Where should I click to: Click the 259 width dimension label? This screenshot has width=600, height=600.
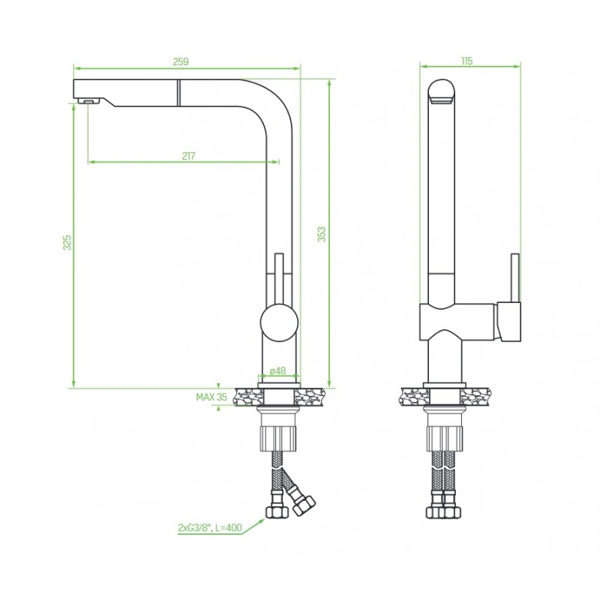[180, 61]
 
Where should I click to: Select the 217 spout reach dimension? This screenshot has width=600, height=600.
[188, 155]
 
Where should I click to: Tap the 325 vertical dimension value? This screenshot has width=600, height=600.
[67, 242]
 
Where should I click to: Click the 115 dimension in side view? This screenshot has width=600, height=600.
[467, 61]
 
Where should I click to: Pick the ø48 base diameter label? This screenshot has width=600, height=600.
[277, 371]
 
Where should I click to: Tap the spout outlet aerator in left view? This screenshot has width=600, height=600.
[88, 100]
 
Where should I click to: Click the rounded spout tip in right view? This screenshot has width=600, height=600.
[442, 91]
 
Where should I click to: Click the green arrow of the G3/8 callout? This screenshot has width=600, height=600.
[256, 522]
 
